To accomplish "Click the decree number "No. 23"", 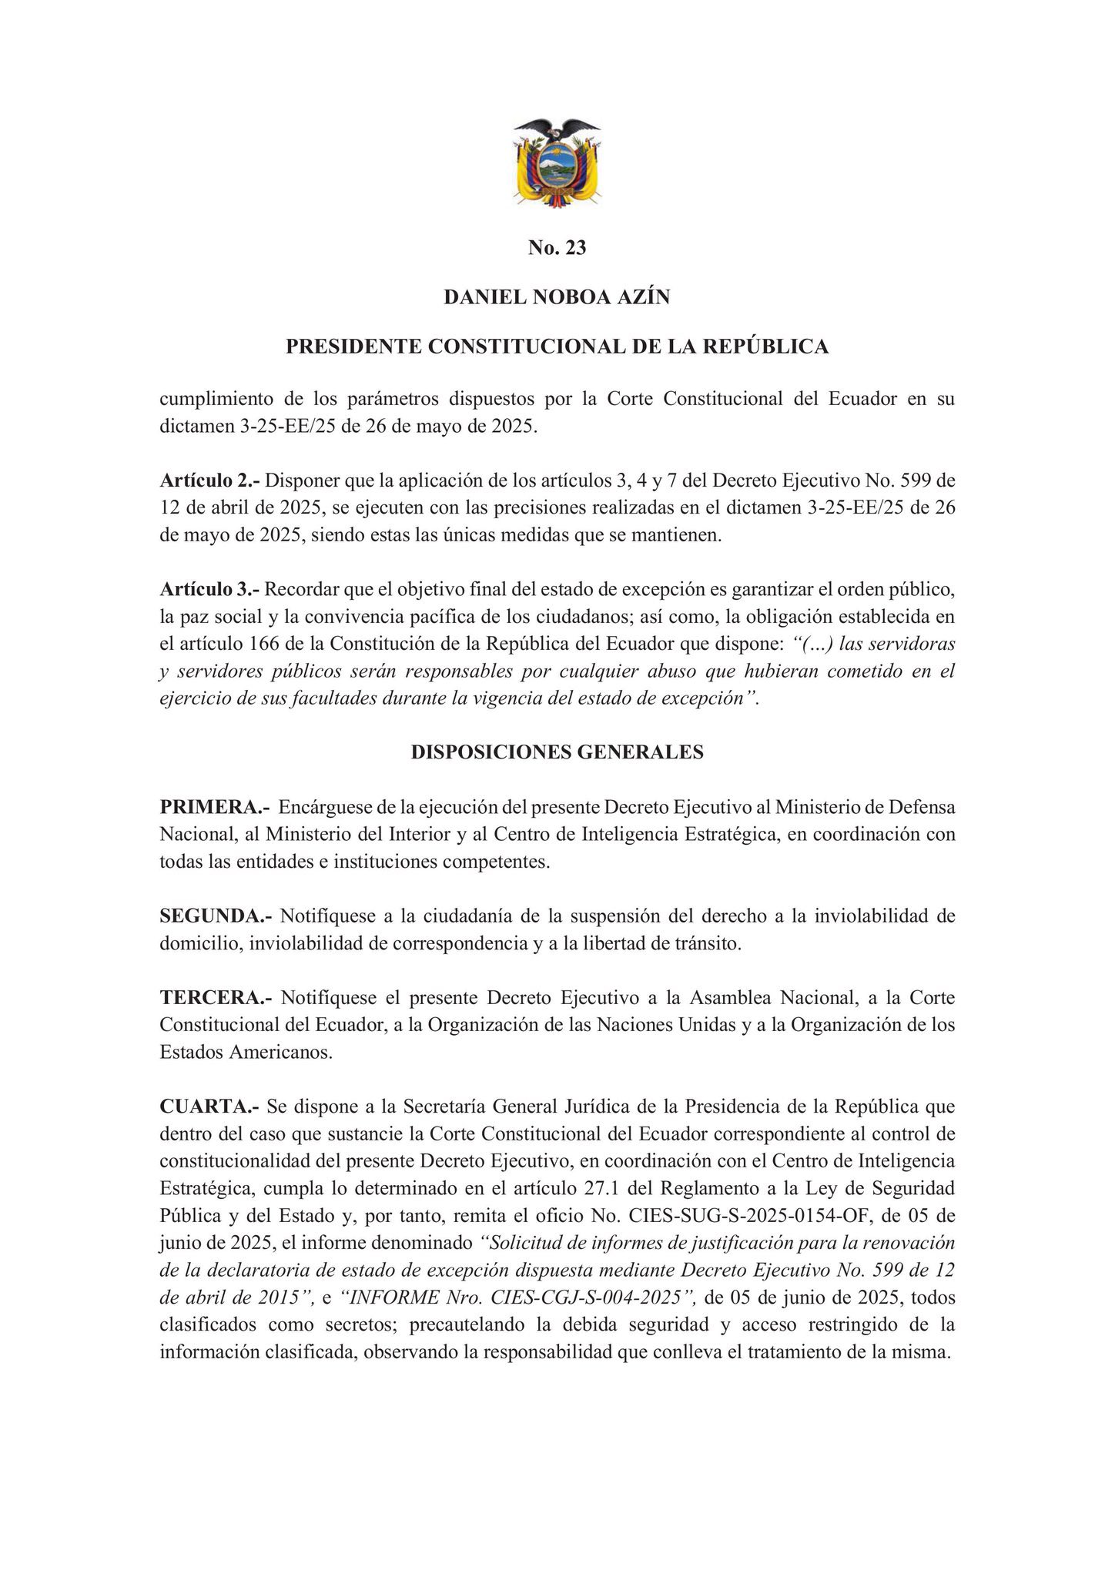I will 557,248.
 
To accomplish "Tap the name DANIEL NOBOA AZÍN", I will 557,297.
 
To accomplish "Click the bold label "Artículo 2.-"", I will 210,480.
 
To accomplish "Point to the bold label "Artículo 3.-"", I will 210,590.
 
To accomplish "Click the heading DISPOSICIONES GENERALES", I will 557,752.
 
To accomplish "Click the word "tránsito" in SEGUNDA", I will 707,944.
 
